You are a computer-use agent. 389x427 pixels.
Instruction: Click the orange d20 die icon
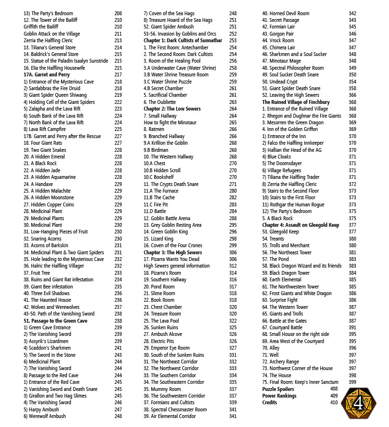pos(359,403)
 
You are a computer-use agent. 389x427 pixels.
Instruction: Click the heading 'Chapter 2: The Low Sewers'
pos(172,109)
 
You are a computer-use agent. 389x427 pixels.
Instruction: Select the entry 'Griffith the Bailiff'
pos(41,27)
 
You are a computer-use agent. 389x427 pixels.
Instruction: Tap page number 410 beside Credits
pos(334,403)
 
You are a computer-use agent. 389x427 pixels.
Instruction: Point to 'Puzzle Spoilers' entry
pos(278,389)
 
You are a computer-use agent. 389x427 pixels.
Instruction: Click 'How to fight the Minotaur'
pos(170,122)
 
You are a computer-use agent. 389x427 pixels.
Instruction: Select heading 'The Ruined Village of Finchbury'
pos(296,102)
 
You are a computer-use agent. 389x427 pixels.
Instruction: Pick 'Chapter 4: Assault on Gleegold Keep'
pos(301,225)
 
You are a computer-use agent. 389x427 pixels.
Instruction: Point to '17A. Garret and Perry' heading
pos(46,75)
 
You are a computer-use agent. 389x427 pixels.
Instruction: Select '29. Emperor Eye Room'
pos(170,348)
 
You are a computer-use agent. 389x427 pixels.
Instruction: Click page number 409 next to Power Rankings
pos(334,396)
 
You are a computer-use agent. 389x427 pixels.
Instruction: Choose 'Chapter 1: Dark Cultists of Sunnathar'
pos(183,41)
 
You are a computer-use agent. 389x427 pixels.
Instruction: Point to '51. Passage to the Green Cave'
pos(55,321)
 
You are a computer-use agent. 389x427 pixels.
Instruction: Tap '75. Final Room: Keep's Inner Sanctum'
pos(300,382)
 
